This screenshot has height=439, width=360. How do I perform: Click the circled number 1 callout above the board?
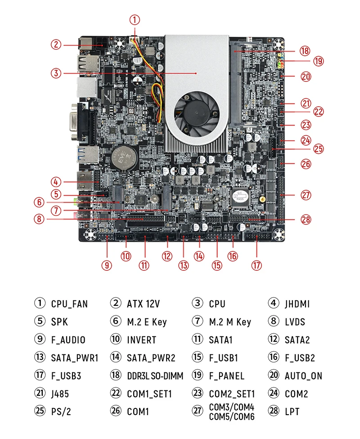click(135, 20)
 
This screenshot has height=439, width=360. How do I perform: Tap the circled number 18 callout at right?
click(305, 51)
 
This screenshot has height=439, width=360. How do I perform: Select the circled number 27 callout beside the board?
click(306, 195)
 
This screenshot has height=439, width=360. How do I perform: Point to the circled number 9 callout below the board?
click(107, 265)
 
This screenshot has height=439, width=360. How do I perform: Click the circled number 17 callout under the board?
click(256, 265)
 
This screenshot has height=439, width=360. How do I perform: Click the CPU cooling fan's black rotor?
click(197, 110)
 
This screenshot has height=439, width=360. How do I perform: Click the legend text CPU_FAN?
click(69, 304)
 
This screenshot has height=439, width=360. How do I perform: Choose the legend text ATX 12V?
click(143, 304)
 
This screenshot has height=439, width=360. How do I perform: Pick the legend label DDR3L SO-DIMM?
click(155, 376)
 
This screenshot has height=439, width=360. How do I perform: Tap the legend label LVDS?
click(295, 322)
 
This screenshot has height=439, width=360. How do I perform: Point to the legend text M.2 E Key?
click(147, 322)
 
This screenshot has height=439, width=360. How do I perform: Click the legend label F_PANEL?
click(226, 376)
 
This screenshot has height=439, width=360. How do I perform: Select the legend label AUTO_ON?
click(303, 376)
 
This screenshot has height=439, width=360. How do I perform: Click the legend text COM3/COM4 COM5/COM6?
click(231, 412)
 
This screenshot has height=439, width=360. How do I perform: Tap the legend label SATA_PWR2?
click(151, 358)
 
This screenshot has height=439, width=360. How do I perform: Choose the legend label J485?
click(60, 394)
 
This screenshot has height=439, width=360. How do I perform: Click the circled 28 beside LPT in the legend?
click(274, 412)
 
